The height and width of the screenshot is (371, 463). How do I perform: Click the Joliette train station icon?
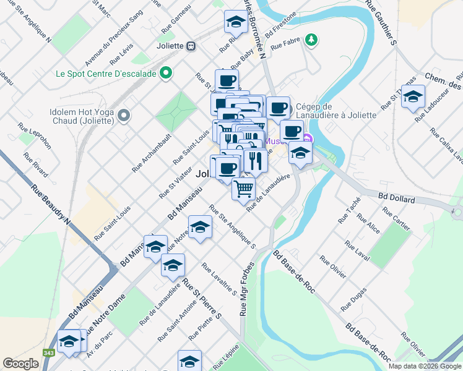191,46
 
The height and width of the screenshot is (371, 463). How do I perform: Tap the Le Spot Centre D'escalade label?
105,74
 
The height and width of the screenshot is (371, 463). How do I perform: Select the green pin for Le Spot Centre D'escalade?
165,74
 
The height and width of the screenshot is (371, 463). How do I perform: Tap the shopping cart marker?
244,189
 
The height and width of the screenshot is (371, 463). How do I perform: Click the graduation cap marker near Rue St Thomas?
413,96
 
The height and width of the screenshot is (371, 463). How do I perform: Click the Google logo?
20,364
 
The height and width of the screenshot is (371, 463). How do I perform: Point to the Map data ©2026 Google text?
425,365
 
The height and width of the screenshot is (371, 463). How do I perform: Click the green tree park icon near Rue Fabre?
312,40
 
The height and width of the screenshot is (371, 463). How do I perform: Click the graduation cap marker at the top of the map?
235,23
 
